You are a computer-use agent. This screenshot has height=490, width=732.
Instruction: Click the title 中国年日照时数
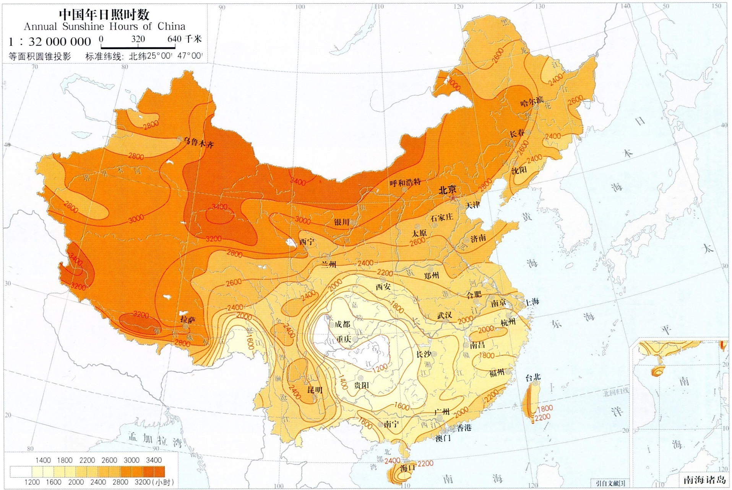pos(104,15)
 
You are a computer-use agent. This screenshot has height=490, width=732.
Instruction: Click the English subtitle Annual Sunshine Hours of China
pos(104,27)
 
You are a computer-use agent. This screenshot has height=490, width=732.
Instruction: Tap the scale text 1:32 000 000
pos(50,41)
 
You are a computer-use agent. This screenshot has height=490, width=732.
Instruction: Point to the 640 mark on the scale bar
pos(174,39)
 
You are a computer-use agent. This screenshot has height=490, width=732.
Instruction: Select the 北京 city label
pos(447,189)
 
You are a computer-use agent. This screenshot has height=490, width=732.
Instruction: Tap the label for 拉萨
pos(188,319)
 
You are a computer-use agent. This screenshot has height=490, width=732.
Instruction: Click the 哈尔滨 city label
pos(531,102)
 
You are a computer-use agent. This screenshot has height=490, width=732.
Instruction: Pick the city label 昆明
pos(315,390)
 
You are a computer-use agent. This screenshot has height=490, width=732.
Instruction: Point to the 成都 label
pos(342,324)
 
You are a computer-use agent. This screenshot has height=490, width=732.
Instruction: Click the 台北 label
pos(532,377)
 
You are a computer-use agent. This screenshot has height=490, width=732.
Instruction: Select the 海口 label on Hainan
pos(407,468)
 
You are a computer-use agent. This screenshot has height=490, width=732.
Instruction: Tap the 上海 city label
pos(532,302)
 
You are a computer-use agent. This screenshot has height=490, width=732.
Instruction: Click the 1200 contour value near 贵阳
pos(380,368)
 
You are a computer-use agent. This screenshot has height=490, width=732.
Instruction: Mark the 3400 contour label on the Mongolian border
pos(298,181)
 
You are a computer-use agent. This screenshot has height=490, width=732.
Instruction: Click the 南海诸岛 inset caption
pos(704,480)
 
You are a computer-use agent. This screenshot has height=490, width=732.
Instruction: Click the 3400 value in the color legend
pos(154,460)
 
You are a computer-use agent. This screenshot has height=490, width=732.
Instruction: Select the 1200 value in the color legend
pos(32,482)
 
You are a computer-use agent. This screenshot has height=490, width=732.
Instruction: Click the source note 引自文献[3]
pos(610,483)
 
